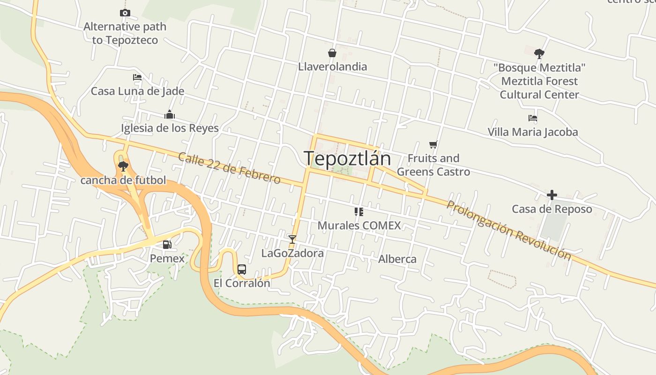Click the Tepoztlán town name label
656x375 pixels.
[x=347, y=158]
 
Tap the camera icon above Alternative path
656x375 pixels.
[x=125, y=13]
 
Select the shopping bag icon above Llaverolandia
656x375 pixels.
[x=332, y=53]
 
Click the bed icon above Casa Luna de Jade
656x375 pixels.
[x=137, y=77]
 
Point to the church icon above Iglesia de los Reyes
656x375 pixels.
[x=170, y=114]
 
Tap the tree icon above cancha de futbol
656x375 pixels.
[x=123, y=166]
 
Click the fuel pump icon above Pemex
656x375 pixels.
[x=167, y=244]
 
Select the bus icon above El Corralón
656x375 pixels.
[x=242, y=269]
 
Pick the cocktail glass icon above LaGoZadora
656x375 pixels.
[x=292, y=240]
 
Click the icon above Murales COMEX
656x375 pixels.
[x=359, y=212]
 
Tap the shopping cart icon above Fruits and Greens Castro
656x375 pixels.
[x=433, y=144]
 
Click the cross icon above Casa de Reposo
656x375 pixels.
[x=552, y=195]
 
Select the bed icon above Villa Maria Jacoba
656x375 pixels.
[x=532, y=118]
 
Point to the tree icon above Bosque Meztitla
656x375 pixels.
[x=539, y=53]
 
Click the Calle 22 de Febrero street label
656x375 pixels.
[x=229, y=168]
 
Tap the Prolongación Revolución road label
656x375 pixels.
[x=509, y=230]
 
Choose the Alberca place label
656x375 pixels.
[x=397, y=259]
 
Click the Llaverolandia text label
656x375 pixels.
[x=333, y=67]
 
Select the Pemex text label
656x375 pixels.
[x=167, y=258]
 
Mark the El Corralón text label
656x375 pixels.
[x=242, y=283]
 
